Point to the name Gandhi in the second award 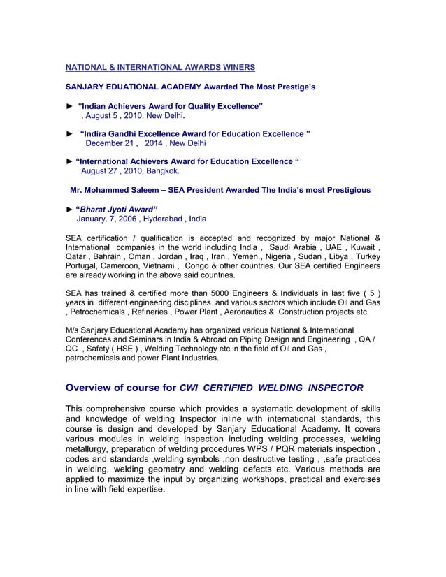click(x=124, y=133)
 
